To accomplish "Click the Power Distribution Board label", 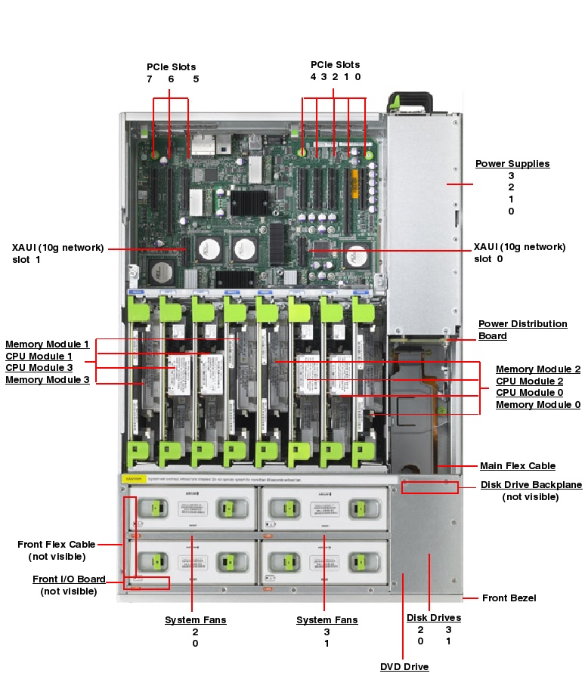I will pyautogui.click(x=522, y=329).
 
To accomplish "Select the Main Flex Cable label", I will pyautogui.click(x=517, y=466).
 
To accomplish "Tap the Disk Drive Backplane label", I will pyautogui.click(x=531, y=485).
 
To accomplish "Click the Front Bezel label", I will pyautogui.click(x=509, y=598).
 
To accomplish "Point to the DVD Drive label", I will pyautogui.click(x=404, y=667).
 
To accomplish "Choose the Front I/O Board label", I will pyautogui.click(x=69, y=579).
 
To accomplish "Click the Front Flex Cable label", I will pyautogui.click(x=57, y=544).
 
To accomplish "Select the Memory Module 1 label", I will pyautogui.click(x=47, y=344).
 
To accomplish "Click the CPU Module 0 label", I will pyautogui.click(x=529, y=393).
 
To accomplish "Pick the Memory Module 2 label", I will pyautogui.click(x=537, y=369).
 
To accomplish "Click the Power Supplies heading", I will pyautogui.click(x=512, y=164).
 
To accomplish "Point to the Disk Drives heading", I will pyautogui.click(x=433, y=618).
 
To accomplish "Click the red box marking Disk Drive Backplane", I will pyautogui.click(x=429, y=487).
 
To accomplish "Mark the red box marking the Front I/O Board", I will pyautogui.click(x=147, y=582).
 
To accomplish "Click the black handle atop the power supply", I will pyautogui.click(x=407, y=100).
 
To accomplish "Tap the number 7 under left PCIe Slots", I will pyautogui.click(x=149, y=79).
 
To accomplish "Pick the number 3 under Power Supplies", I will pyautogui.click(x=511, y=176).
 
